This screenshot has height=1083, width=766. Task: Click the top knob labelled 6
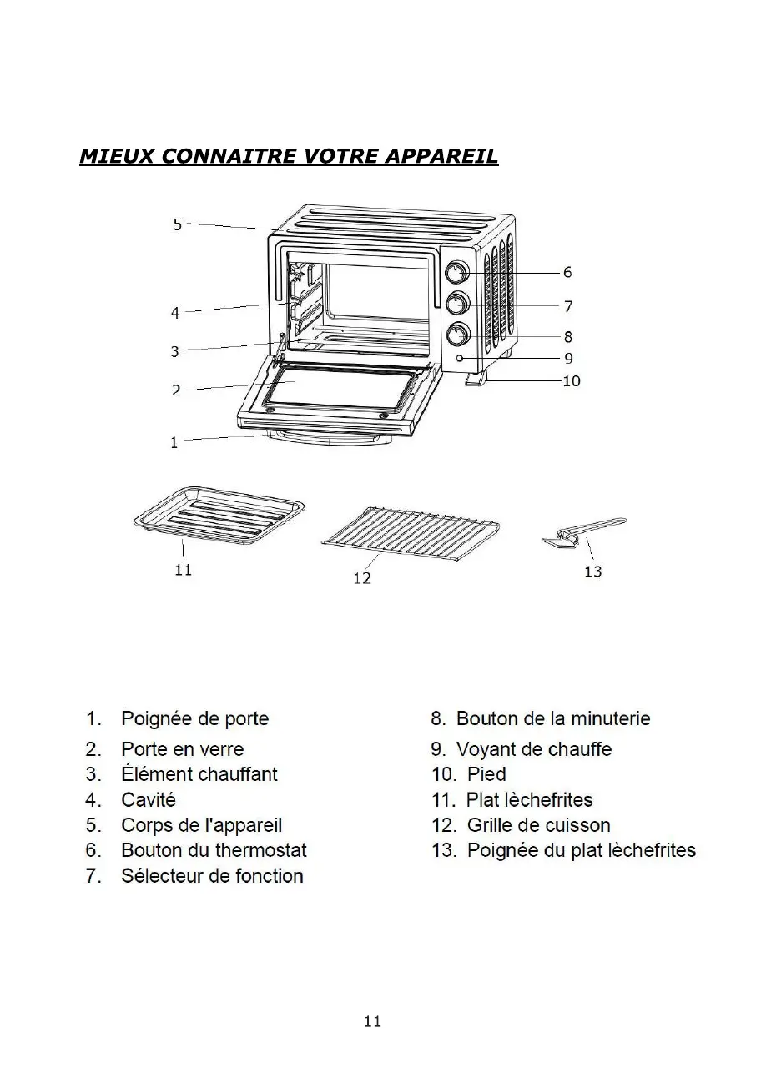pos(456,273)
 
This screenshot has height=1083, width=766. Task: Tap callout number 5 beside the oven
pos(177,224)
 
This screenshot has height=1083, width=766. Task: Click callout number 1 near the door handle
pos(174,443)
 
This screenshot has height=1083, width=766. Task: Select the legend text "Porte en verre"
pos(182,749)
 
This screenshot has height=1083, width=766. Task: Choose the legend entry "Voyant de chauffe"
pos(533,749)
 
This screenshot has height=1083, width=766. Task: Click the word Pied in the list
pos(486,774)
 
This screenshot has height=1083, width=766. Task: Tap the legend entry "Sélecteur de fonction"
pos(212,876)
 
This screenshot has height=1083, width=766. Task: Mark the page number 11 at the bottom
pos(372,1021)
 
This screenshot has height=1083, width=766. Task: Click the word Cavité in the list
pos(149,800)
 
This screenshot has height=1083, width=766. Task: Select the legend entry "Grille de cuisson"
pos(538,825)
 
